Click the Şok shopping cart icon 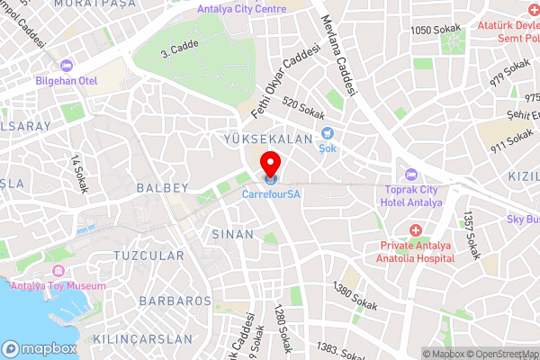click(328, 134)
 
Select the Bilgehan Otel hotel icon click(66, 67)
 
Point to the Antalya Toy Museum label click(58, 286)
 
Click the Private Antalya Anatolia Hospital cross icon click(416, 230)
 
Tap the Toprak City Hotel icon click(411, 174)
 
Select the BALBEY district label click(163, 188)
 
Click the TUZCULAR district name click(148, 256)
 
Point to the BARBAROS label click(175, 301)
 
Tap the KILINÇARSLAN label click(147, 339)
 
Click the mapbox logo click(40, 348)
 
